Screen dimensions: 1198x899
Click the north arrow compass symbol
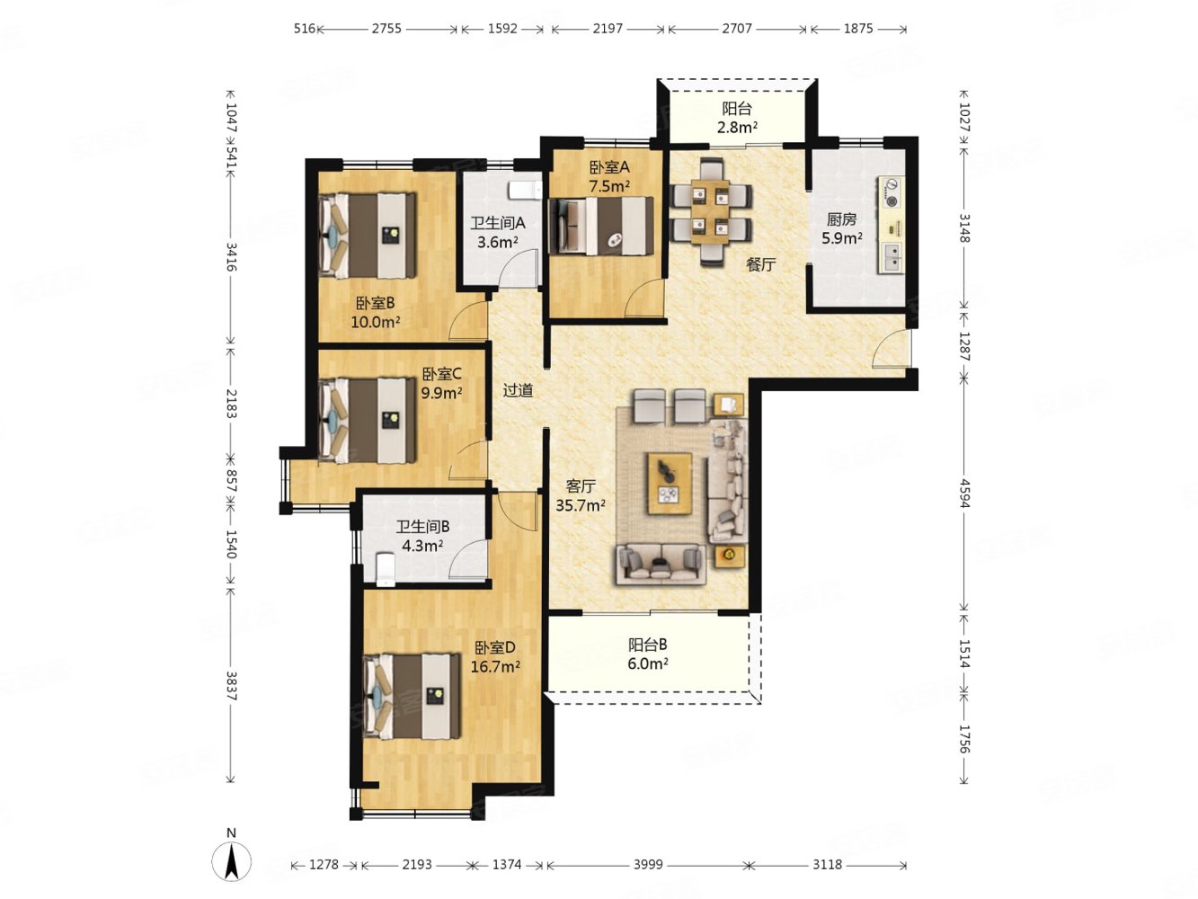coord(231,863)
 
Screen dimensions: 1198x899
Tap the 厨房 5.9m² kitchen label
coord(841,228)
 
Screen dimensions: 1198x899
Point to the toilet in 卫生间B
coord(386,569)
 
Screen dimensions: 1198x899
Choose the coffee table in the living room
coord(670,483)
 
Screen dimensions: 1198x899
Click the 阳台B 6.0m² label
coord(647,654)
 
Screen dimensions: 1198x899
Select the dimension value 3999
coord(648,864)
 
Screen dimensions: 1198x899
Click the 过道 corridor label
coord(518,390)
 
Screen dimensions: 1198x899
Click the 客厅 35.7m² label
coord(581,495)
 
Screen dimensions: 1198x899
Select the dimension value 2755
coord(386,29)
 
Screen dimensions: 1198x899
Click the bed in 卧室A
coord(601,226)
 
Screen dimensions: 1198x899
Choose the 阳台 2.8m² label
coord(737,118)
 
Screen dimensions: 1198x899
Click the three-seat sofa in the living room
coord(661,564)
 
